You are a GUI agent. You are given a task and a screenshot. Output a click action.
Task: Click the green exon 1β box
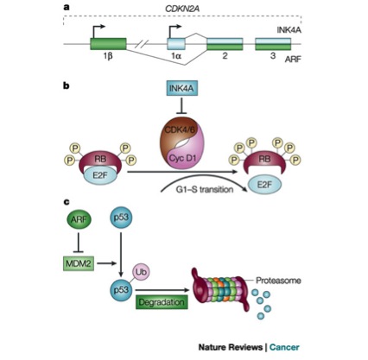tap(108, 44)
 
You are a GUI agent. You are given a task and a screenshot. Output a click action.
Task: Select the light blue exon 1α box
tap(176, 44)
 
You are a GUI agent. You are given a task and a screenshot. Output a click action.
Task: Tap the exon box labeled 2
tap(225, 44)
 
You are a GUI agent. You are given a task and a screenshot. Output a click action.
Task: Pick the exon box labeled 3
tap(273, 44)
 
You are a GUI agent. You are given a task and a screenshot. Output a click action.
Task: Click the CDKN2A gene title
tap(182, 9)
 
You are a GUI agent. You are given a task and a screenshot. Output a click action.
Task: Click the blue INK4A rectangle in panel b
tap(181, 88)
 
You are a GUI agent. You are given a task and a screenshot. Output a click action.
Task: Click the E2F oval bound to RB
tap(100, 174)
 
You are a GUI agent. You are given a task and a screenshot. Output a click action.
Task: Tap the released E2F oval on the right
tap(264, 185)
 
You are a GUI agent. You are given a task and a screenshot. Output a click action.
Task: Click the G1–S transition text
tap(205, 190)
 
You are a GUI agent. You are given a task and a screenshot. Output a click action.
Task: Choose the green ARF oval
tap(79, 219)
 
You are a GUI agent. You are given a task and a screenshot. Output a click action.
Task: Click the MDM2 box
tap(79, 263)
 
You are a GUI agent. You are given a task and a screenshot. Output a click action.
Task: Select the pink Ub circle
tap(141, 272)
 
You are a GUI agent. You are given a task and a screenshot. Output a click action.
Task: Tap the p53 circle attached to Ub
tap(121, 289)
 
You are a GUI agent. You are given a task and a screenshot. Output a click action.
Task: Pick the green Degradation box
tap(162, 302)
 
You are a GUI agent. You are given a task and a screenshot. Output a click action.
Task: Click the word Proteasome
tap(278, 280)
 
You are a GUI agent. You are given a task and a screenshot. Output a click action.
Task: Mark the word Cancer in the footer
tap(284, 347)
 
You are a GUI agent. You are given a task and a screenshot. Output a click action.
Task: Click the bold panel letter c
tap(67, 202)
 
